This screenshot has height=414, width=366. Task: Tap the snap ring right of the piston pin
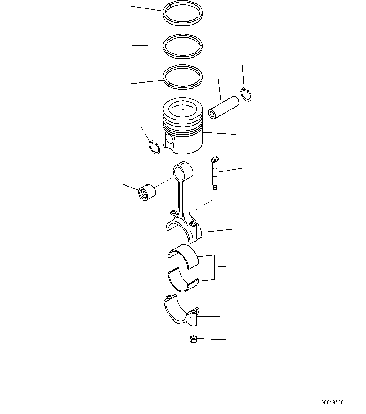coord(246,95)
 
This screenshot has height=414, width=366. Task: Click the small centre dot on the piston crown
coord(183,109)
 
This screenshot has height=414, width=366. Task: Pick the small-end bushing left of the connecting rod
coord(147,193)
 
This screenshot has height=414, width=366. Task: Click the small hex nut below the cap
coord(193,339)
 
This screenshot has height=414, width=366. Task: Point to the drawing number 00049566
coord(332,402)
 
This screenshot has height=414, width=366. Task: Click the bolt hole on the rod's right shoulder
coord(193,224)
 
